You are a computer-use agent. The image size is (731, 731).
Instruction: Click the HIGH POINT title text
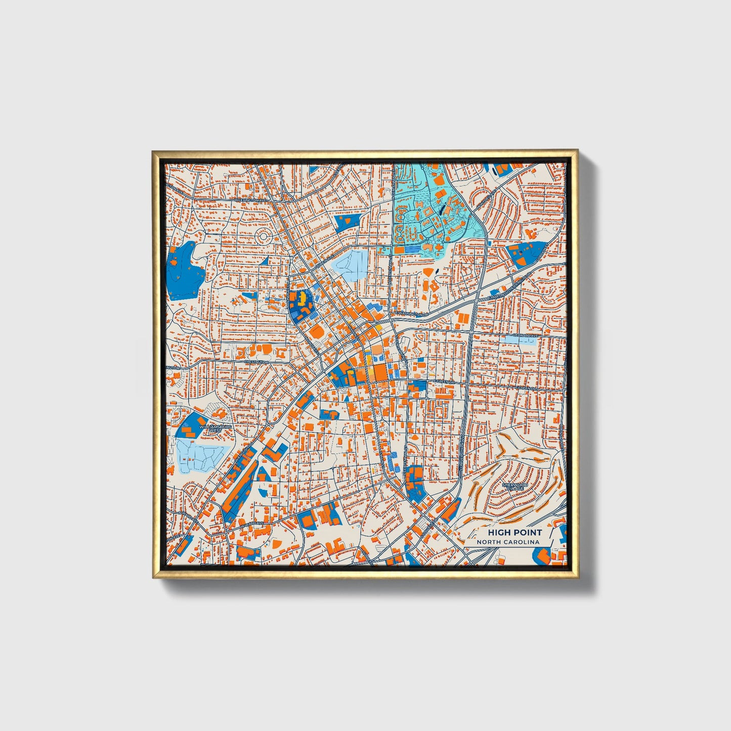point(514,532)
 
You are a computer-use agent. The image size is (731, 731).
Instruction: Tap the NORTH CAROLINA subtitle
point(508,542)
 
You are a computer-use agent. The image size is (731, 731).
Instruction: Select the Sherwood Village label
point(514,486)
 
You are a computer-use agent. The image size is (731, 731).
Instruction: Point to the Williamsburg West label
point(216,428)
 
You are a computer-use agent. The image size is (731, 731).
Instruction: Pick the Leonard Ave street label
point(527,335)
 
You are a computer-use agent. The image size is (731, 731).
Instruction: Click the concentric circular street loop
point(264,236)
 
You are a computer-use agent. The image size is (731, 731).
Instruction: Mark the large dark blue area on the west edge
point(184,271)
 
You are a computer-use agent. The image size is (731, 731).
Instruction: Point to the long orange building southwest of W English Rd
point(235,486)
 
